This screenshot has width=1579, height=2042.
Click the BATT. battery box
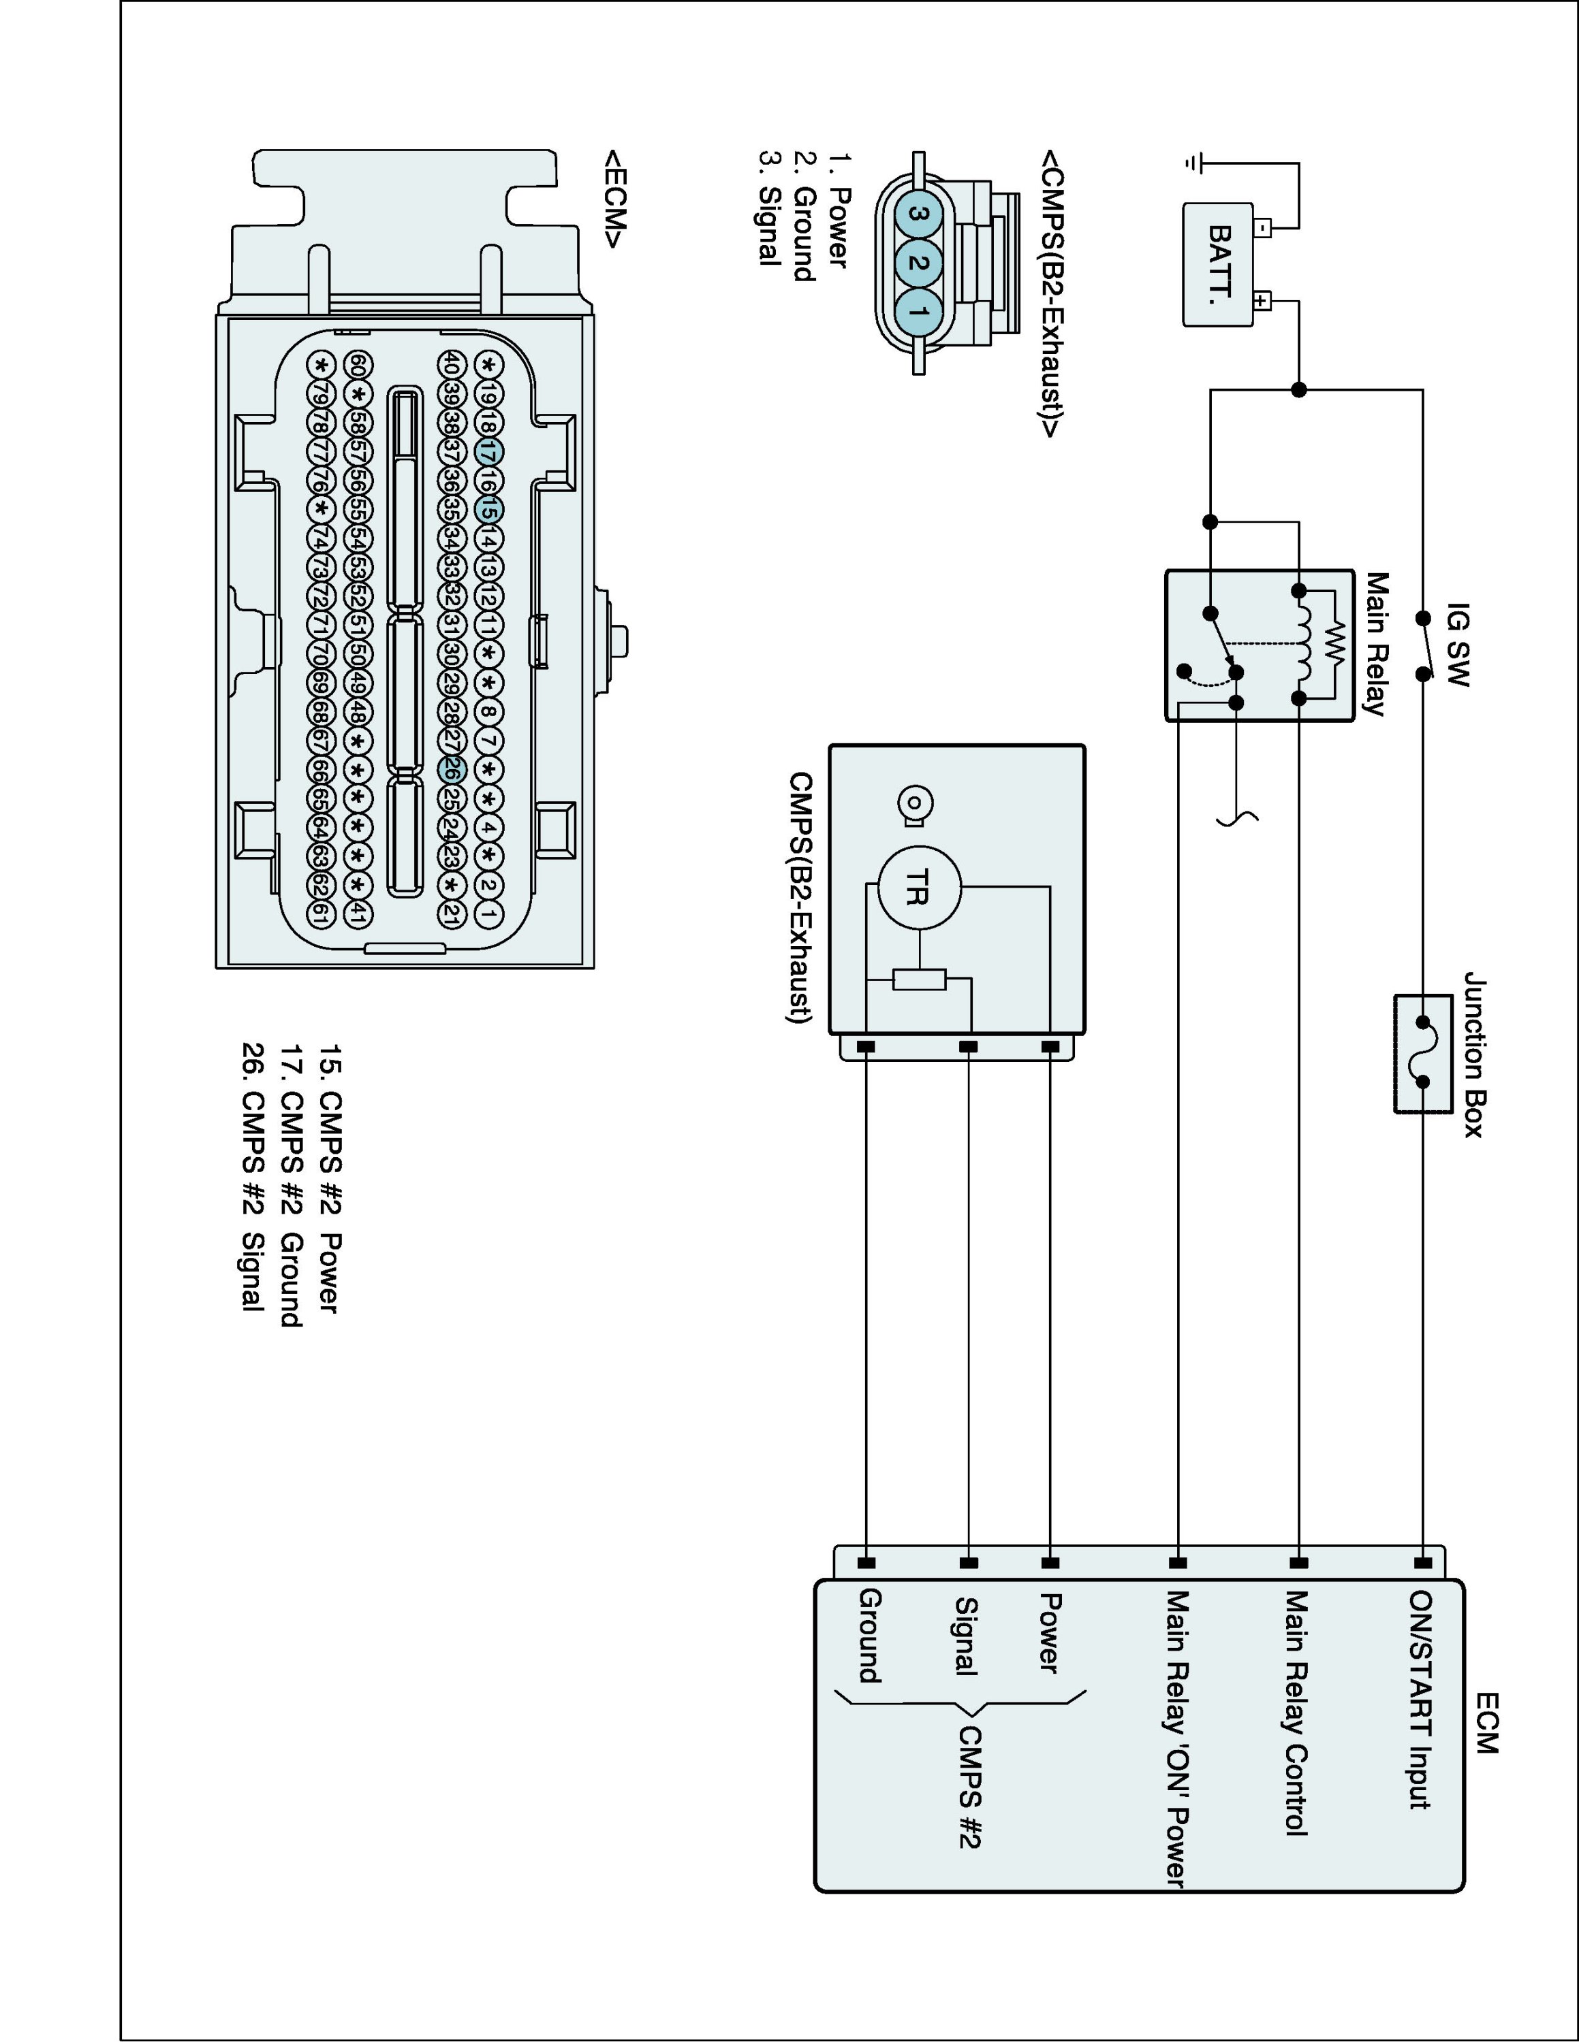[x=1219, y=265]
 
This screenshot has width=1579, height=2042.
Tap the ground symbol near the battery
[x=1191, y=163]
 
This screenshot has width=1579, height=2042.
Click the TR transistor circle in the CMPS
[x=919, y=888]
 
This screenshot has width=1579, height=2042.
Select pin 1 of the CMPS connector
[x=919, y=311]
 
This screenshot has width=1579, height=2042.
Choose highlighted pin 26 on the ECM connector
[x=451, y=769]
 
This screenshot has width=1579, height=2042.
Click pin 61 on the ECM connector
[x=321, y=913]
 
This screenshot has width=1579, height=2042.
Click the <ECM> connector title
[x=616, y=198]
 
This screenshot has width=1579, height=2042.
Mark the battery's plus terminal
[x=1261, y=301]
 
